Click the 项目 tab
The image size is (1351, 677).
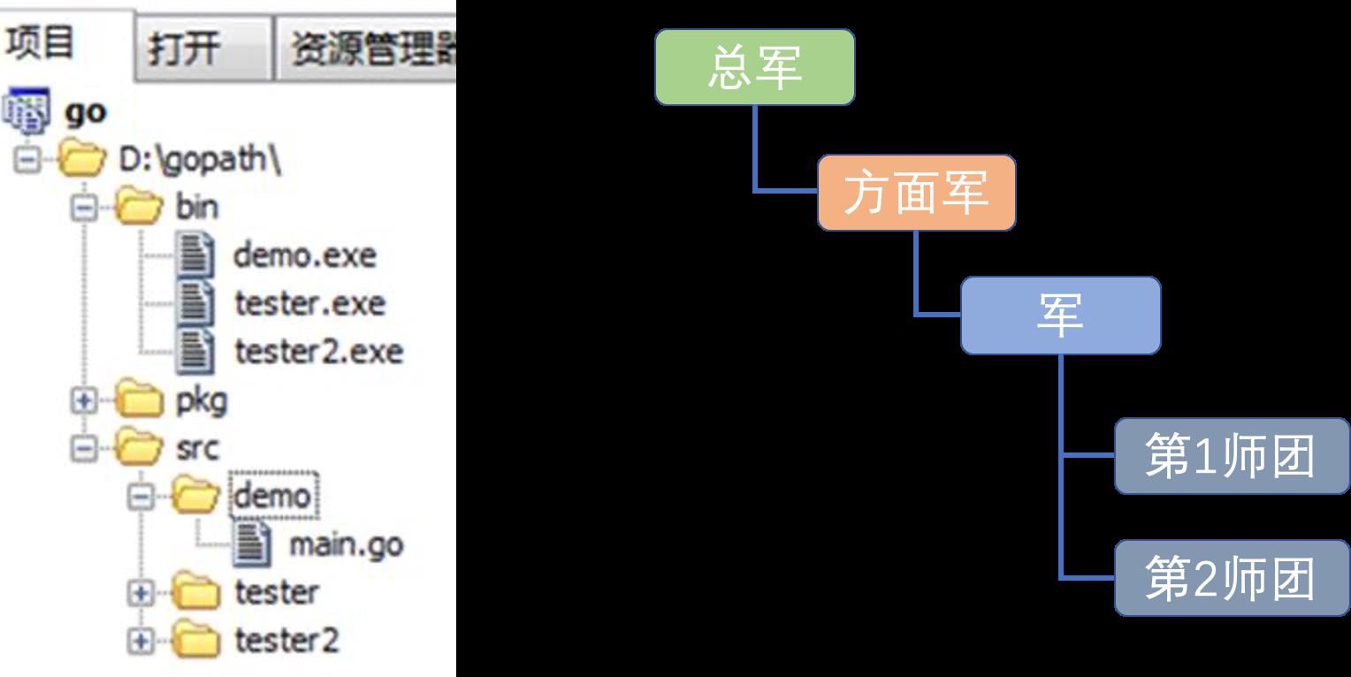pyautogui.click(x=66, y=43)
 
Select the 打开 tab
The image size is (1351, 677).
pyautogui.click(x=204, y=49)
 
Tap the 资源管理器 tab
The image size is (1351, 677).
pyautogui.click(x=365, y=49)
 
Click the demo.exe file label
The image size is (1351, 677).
pyautogui.click(x=304, y=255)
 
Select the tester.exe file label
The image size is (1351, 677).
pyautogui.click(x=310, y=303)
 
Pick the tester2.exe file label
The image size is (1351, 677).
pyautogui.click(x=319, y=352)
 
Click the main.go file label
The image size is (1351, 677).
pyautogui.click(x=347, y=545)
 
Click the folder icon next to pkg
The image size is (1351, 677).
pyautogui.click(x=140, y=399)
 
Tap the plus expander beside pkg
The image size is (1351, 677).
pyautogui.click(x=83, y=401)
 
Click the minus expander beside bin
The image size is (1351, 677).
pyautogui.click(x=83, y=209)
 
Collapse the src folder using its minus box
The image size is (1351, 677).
pyautogui.click(x=83, y=449)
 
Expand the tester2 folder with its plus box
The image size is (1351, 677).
pyautogui.click(x=141, y=640)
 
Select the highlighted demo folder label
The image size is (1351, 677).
pyautogui.click(x=273, y=496)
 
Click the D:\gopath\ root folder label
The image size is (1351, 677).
pyautogui.click(x=200, y=160)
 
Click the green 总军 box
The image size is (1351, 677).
pyautogui.click(x=754, y=67)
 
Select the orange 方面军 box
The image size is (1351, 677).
pyautogui.click(x=916, y=193)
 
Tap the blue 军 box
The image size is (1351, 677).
pyautogui.click(x=1060, y=316)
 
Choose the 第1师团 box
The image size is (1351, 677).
pyautogui.click(x=1231, y=456)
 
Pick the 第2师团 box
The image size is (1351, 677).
pyautogui.click(x=1231, y=578)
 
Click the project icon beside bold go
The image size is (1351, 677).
pyautogui.click(x=27, y=110)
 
